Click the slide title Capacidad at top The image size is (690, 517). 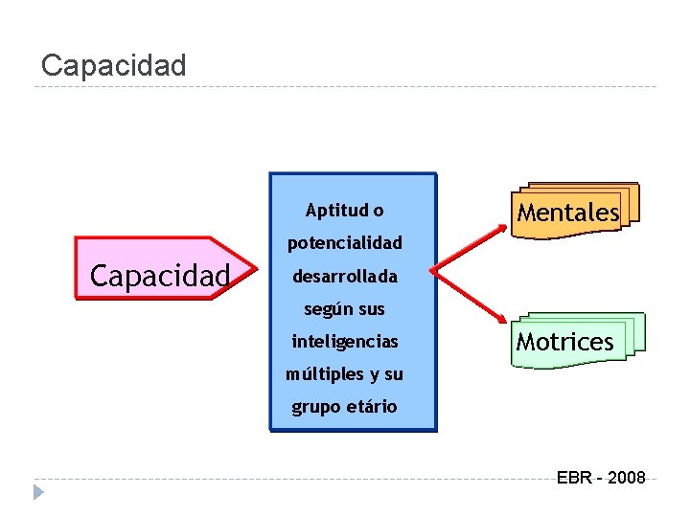tap(114, 65)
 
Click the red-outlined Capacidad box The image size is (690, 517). tap(159, 276)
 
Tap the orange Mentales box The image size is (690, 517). tap(568, 212)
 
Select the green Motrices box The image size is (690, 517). tap(565, 341)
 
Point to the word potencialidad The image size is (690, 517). tap(345, 243)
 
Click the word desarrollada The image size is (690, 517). tap(344, 276)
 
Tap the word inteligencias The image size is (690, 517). tap(345, 341)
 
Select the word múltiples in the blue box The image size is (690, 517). tap(322, 373)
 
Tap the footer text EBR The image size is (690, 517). tap(574, 478)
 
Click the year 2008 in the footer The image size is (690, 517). tap(626, 478)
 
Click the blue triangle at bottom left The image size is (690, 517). tap(37, 492)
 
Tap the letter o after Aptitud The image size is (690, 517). tap(379, 211)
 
